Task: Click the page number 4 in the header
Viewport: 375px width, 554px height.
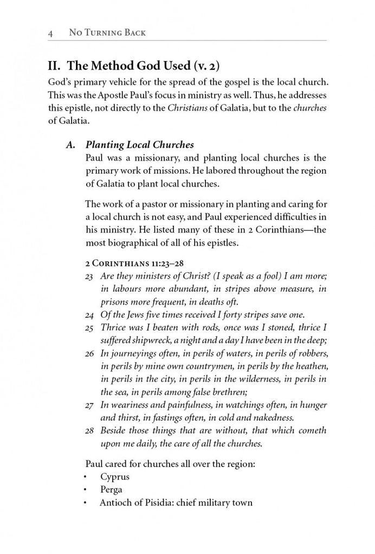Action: pyautogui.click(x=50, y=33)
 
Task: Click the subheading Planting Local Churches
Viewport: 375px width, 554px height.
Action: pyautogui.click(x=139, y=145)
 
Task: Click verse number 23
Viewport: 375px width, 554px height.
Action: pyautogui.click(x=90, y=276)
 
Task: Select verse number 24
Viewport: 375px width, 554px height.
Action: pyautogui.click(x=90, y=315)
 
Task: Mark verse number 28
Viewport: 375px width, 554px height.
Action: pyautogui.click(x=90, y=431)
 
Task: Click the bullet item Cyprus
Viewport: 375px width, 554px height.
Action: pyautogui.click(x=114, y=477)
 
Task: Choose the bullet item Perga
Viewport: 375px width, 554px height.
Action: pyautogui.click(x=111, y=490)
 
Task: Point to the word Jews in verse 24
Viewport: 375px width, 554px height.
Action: pyautogui.click(x=134, y=315)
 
